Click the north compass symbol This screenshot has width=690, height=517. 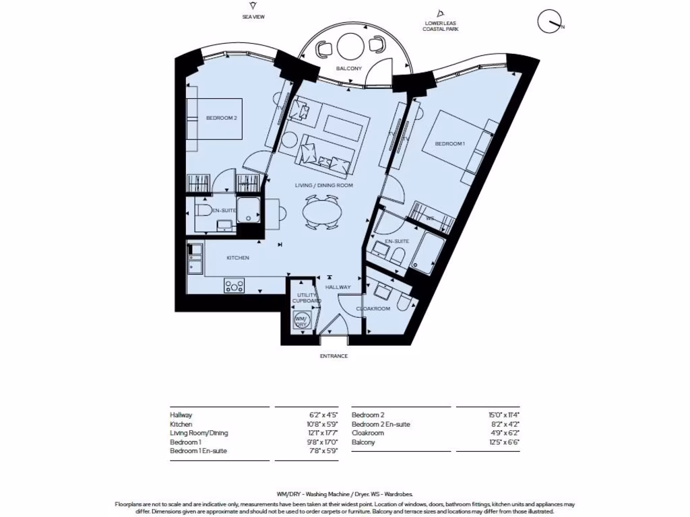[549, 22]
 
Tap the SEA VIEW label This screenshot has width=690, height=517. [253, 17]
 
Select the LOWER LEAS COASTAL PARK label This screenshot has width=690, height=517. [439, 26]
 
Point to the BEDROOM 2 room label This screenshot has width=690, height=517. [221, 118]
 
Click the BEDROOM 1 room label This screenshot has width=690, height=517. [449, 144]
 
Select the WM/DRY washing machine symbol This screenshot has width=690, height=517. [301, 320]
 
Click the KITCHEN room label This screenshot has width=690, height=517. [237, 258]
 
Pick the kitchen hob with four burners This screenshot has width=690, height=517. [234, 285]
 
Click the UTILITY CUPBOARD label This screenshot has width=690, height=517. [303, 299]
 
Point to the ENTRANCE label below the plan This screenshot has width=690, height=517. [334, 355]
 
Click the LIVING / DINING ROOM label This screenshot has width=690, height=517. [323, 185]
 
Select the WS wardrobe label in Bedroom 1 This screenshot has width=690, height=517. [429, 219]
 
